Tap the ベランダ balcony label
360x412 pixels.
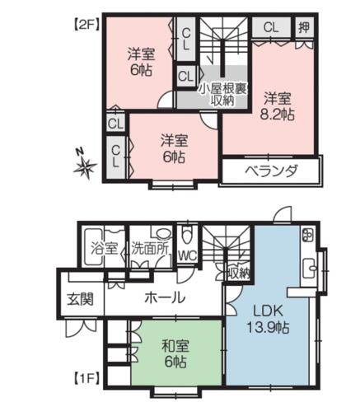[271, 171]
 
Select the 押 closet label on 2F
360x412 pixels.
[304, 27]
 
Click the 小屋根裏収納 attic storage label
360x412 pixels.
[222, 94]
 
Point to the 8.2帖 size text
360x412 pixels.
[277, 115]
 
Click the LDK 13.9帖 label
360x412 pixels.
[268, 319]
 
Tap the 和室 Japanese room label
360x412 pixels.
[175, 346]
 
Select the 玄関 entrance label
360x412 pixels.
[81, 299]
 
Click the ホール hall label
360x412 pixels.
[165, 297]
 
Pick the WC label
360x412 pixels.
[188, 256]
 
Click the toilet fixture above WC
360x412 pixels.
[187, 235]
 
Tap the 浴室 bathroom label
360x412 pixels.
[105, 248]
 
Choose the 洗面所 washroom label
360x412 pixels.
[150, 248]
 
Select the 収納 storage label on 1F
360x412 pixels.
[239, 274]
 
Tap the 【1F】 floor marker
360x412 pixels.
[86, 379]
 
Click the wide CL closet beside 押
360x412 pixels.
[271, 27]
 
